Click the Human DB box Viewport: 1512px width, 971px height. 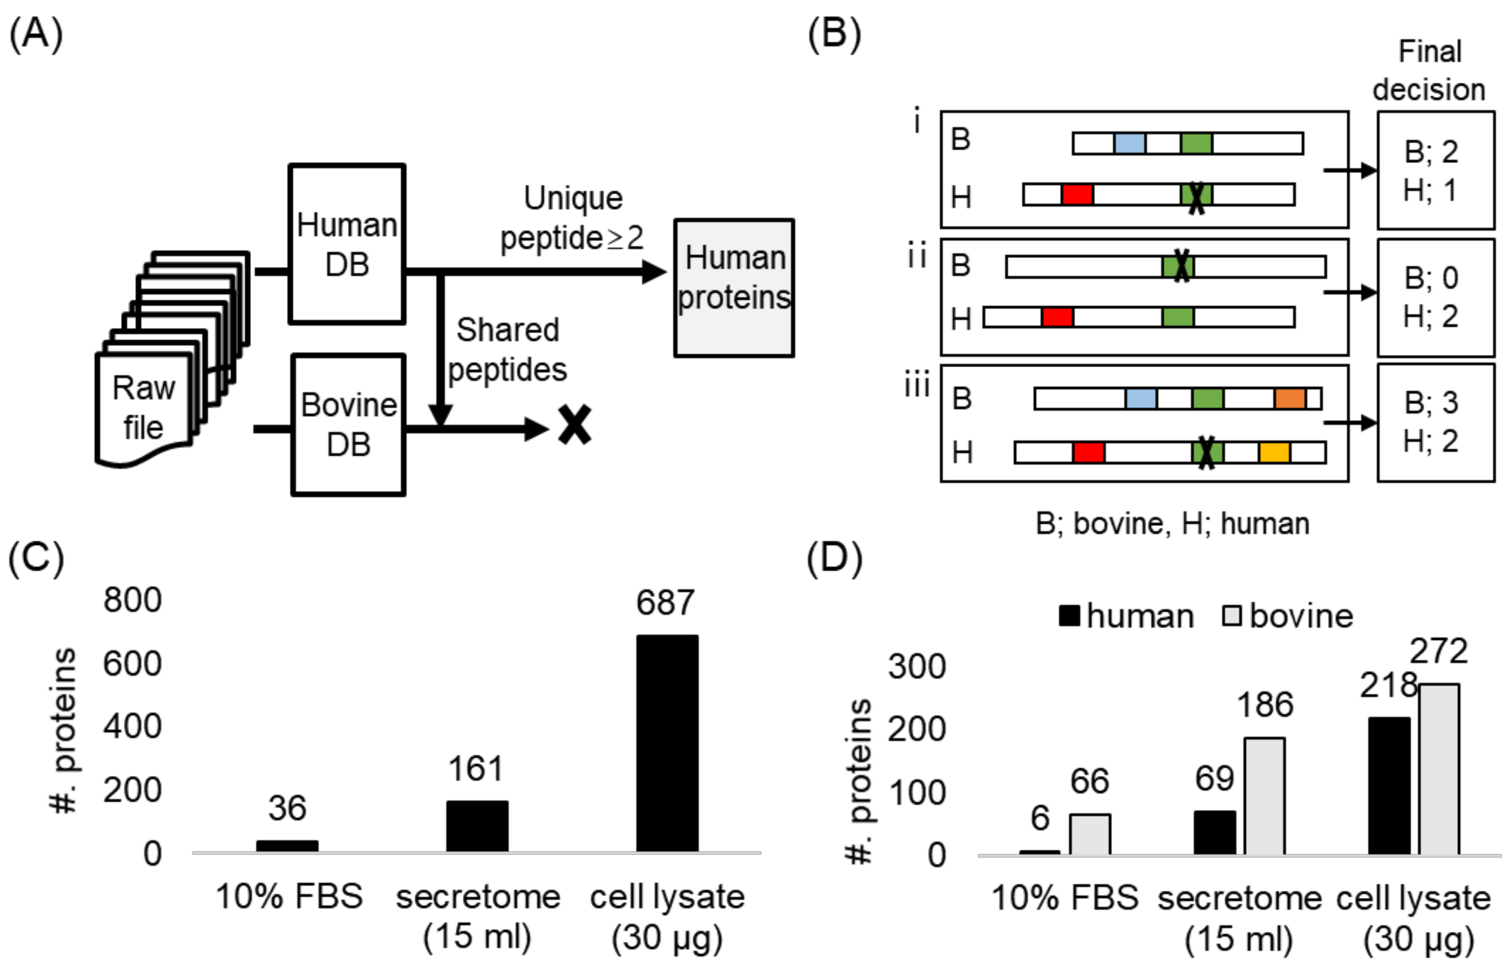346,244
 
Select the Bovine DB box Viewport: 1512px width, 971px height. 348,425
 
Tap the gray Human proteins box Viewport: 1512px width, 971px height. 734,287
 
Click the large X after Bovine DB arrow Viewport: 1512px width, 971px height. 575,425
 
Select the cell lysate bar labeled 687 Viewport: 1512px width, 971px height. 667,743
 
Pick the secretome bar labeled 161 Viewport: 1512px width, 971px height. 477,826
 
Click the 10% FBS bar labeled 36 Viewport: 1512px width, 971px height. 287,846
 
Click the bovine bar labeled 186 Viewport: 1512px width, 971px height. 1264,796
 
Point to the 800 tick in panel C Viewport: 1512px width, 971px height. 133,600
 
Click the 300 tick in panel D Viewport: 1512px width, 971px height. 917,666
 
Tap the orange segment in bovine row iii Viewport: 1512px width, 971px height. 1289,399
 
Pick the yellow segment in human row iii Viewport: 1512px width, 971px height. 1274,452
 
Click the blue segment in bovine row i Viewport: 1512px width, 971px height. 1129,143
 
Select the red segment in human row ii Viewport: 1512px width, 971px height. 1057,316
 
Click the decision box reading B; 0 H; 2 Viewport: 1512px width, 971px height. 1435,297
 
